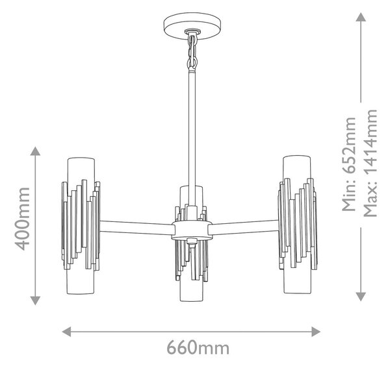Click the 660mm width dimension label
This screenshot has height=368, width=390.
[x=198, y=348]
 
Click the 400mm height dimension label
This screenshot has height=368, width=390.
[x=22, y=219]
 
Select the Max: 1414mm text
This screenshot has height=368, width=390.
[x=370, y=163]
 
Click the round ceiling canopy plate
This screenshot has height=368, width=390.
[x=192, y=26]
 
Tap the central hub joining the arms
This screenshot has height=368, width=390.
[x=192, y=230]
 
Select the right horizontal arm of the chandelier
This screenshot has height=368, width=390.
[x=245, y=227]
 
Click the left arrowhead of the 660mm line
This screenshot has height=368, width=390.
[x=66, y=332]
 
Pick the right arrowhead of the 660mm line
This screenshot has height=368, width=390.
[x=316, y=332]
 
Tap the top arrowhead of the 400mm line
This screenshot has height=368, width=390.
[x=35, y=151]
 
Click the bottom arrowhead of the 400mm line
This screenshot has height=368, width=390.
[x=35, y=301]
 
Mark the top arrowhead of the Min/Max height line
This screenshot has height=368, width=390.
[x=361, y=17]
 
